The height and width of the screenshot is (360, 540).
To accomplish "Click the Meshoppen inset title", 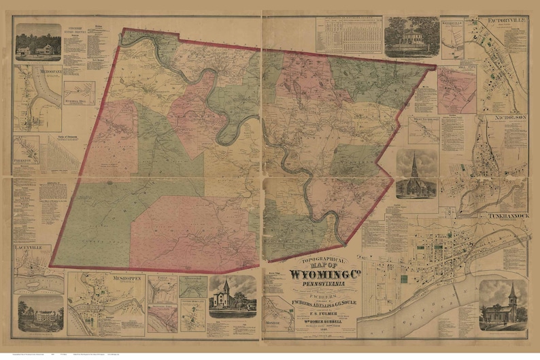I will pos(103,278).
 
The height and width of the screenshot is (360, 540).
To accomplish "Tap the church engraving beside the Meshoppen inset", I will pos(232,297).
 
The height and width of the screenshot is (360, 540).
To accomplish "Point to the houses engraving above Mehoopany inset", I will pos(37,42).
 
